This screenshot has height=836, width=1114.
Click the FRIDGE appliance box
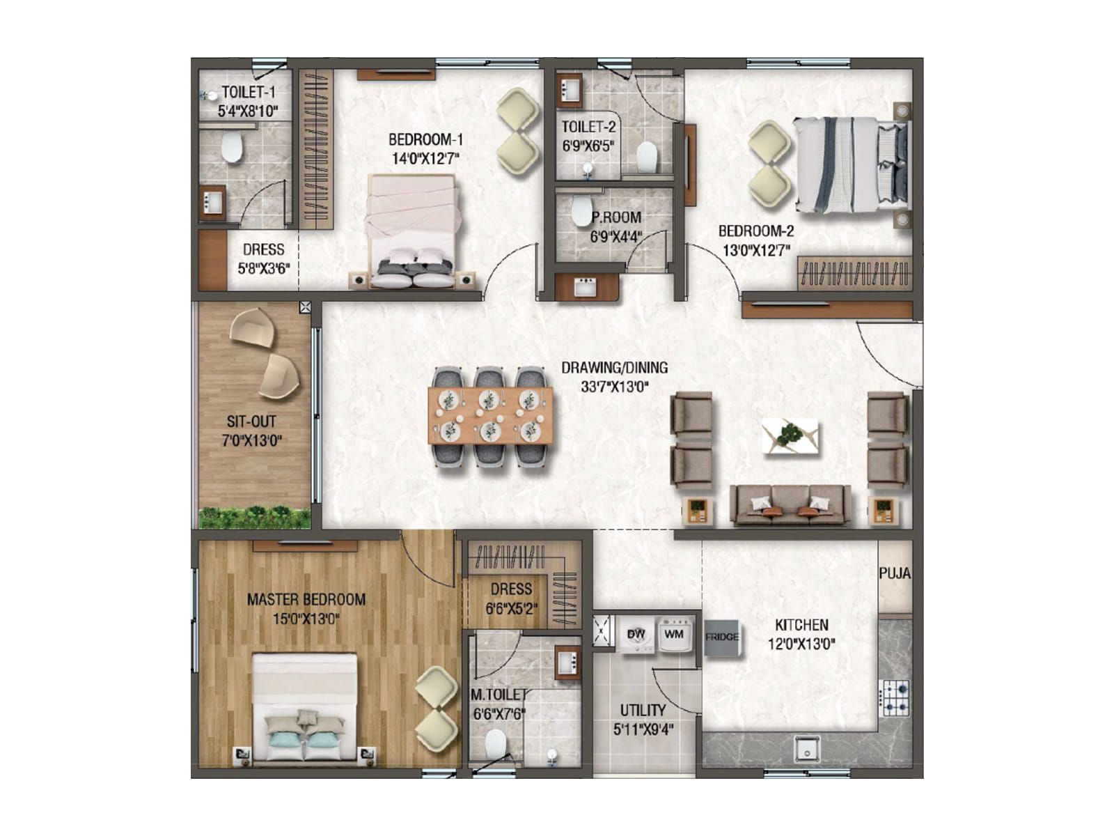coord(721,637)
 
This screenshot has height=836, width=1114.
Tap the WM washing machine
coord(674,635)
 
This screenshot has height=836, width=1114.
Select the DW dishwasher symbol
coord(636,635)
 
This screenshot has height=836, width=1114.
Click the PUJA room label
coord(894,573)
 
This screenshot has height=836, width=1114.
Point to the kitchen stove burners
coord(895,697)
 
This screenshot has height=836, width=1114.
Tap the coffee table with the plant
coord(790,436)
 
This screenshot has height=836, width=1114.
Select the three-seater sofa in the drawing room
coord(790,505)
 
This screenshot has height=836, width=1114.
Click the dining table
coord(490,416)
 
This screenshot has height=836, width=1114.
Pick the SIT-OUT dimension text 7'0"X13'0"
coord(251,440)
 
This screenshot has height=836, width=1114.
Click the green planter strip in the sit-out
coord(254,517)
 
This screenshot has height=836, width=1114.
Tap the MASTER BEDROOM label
coord(306,599)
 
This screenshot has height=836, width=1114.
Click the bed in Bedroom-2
coord(851,164)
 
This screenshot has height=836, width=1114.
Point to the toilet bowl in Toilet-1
coord(232,147)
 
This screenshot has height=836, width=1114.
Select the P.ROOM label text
coord(617,217)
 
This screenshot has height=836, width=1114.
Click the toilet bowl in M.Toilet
coord(495,743)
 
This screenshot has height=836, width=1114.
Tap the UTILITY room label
coord(643,711)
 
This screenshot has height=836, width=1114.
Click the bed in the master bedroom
coord(304,707)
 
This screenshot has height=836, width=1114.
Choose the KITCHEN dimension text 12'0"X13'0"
coord(801,644)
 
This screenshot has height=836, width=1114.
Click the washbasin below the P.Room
coord(586,286)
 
